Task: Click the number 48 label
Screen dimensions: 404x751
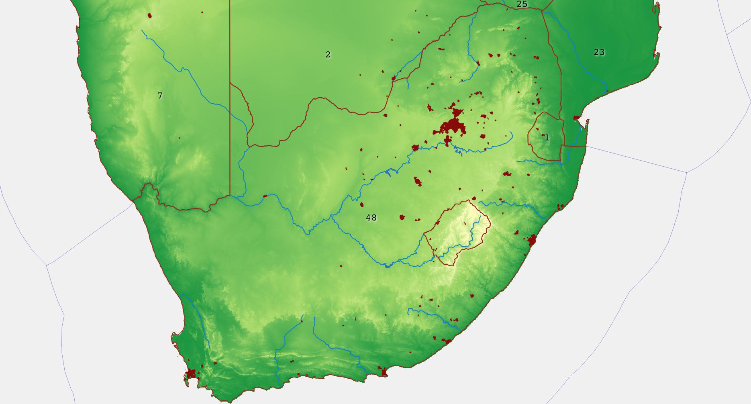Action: (x=371, y=218)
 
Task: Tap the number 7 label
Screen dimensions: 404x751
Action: (x=160, y=96)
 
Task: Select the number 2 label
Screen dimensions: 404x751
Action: (x=328, y=55)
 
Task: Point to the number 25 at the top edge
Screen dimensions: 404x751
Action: (x=522, y=4)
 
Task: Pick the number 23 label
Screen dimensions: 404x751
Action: (x=599, y=52)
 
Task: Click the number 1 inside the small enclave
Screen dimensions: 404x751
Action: (x=547, y=138)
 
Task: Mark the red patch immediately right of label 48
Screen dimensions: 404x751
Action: (x=402, y=217)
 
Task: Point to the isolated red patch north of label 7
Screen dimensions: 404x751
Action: (x=150, y=16)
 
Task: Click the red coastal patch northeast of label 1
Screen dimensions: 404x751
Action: (x=577, y=118)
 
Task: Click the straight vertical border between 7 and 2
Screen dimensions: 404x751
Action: (x=230, y=120)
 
